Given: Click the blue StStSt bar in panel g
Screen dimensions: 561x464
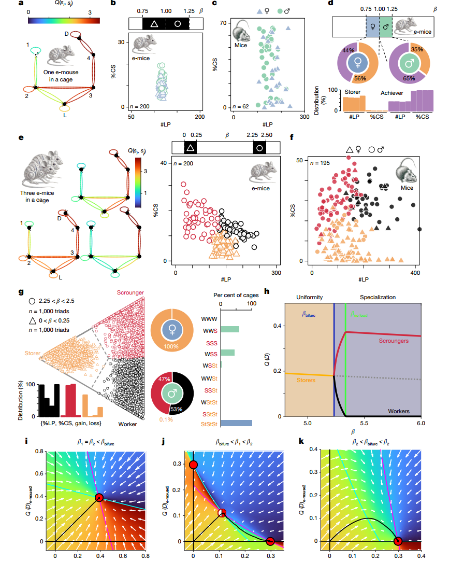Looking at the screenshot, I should pyautogui.click(x=236, y=423).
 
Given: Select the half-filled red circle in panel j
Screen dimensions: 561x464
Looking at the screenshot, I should pyautogui.click(x=222, y=513).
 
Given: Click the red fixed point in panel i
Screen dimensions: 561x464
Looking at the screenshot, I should pyautogui.click(x=99, y=498).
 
